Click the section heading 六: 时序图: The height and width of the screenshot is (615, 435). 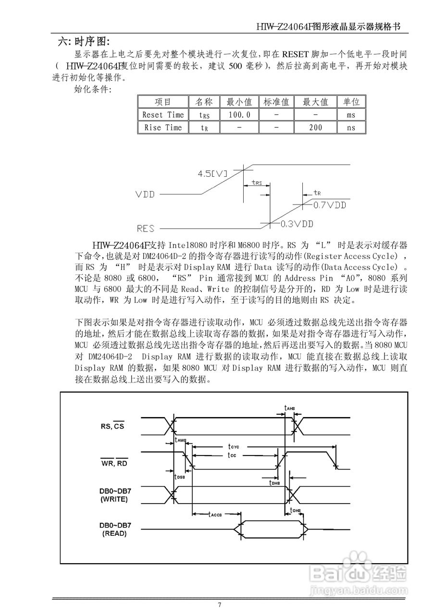tap(84, 41)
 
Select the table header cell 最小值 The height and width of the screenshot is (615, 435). tap(239, 102)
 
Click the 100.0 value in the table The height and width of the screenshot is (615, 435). tap(239, 115)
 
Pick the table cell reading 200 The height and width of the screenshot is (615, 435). tap(316, 127)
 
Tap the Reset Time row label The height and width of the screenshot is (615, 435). tap(163, 115)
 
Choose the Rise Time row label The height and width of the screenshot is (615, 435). tap(163, 127)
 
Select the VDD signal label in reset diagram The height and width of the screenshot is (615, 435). tap(145, 195)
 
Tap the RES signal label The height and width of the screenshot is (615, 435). tap(146, 229)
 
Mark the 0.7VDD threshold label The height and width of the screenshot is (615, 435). tap(330, 205)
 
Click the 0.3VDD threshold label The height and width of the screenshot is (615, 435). tap(297, 224)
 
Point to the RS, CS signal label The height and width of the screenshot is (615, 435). tap(112, 425)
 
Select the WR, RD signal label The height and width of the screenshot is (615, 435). tap(114, 463)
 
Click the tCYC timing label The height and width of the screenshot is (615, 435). tap(234, 446)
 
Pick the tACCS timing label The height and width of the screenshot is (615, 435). tap(214, 514)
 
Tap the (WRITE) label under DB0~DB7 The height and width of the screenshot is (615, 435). tap(114, 500)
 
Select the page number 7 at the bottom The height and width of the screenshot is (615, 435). tap(219, 605)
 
